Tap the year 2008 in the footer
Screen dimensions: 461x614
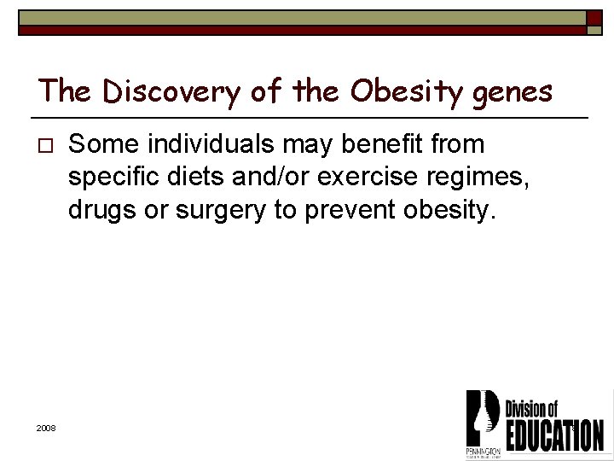[x=46, y=428]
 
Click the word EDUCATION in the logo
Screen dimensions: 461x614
[x=554, y=435]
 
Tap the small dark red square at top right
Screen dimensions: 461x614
[x=594, y=19]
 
